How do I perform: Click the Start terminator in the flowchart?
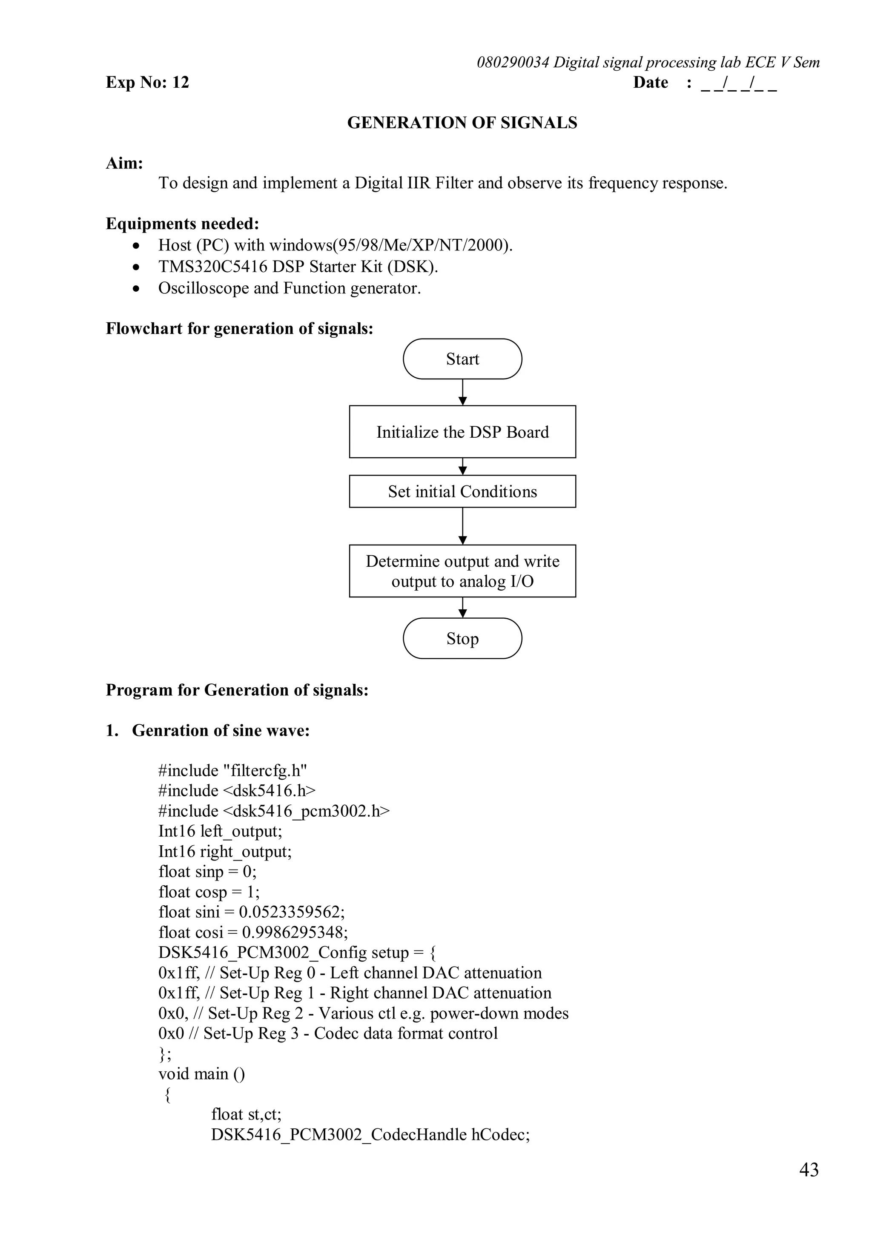(462, 359)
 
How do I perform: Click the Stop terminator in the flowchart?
(462, 638)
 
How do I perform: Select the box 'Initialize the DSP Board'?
(462, 432)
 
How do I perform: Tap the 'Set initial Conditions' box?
(462, 491)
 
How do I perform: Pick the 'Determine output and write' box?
(462, 571)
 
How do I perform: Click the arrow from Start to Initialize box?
(462, 392)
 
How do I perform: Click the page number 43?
(809, 1170)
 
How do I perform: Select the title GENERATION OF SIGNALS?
(462, 123)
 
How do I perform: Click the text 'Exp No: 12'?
(147, 82)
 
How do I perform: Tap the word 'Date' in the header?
(650, 82)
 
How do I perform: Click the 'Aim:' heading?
(124, 164)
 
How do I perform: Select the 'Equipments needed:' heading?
(182, 224)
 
